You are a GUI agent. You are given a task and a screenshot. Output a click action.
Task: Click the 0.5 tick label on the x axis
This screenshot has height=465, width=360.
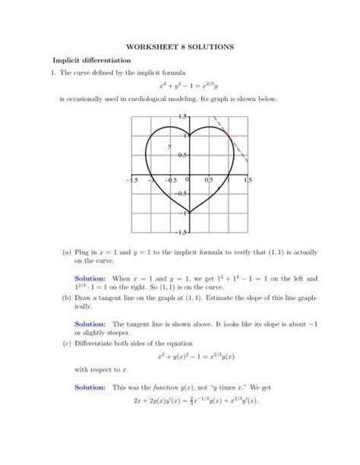pyautogui.click(x=208, y=181)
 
